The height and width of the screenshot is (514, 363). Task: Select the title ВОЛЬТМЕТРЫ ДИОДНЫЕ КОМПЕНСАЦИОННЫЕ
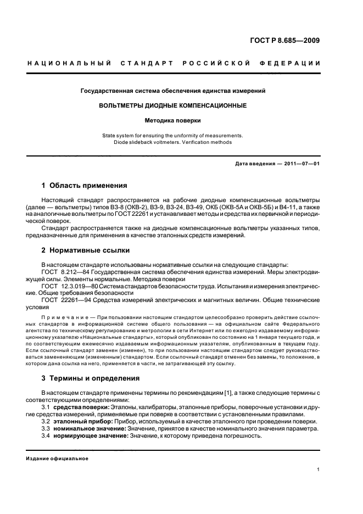coord(172,105)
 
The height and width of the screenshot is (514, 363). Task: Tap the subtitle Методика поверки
coord(172,119)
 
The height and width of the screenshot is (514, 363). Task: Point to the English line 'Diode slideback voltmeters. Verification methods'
coord(172,142)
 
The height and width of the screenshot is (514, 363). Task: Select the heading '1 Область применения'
coord(85,186)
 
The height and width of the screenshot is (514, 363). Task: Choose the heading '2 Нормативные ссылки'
coord(86,250)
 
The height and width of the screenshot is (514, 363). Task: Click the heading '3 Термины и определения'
coord(91,378)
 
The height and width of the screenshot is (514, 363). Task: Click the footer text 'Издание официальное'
coord(57,459)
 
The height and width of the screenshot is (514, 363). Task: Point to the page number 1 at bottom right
coord(319,470)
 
